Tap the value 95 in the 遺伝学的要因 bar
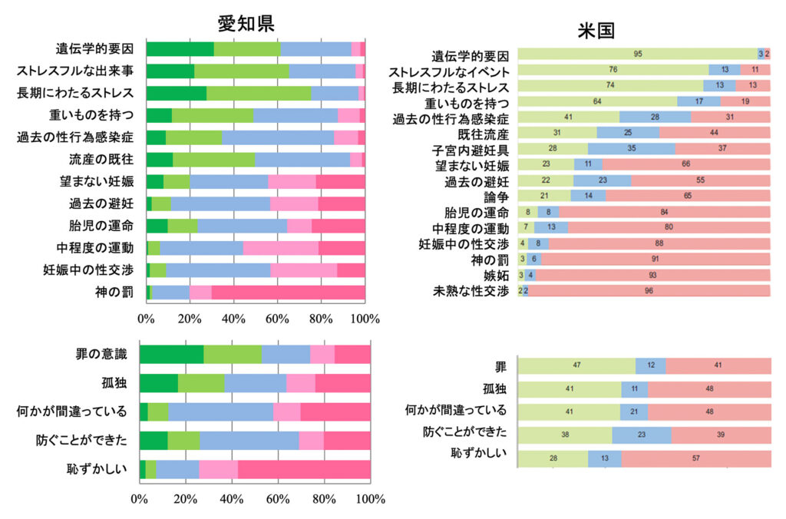tap(638, 54)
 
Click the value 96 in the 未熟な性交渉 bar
tap(649, 291)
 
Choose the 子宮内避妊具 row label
tap(472, 148)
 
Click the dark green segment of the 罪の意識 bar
tap(171, 354)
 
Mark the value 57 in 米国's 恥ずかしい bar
tap(696, 459)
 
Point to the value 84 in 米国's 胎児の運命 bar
tap(664, 212)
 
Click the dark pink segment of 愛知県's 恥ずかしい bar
tap(304, 468)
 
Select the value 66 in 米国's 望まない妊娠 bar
tap(686, 164)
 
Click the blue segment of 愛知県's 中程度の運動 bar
tap(201, 248)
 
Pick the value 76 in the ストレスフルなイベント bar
tap(613, 70)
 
